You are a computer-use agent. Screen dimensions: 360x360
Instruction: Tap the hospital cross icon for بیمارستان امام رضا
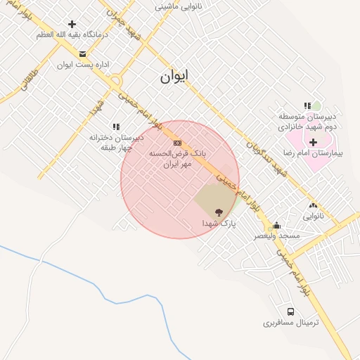(x=314, y=142)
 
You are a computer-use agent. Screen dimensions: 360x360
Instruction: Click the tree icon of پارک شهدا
(x=217, y=212)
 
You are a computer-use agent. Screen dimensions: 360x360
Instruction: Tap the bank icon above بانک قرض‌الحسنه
(x=176, y=143)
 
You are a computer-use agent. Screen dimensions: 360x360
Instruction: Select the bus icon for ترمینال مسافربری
(x=290, y=311)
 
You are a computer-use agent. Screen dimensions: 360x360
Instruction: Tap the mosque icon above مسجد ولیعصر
(x=276, y=226)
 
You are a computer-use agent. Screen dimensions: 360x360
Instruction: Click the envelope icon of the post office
(x=83, y=54)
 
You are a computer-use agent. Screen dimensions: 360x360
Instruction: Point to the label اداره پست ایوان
(x=83, y=65)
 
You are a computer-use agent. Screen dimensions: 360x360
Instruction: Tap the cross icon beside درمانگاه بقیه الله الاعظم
(x=72, y=24)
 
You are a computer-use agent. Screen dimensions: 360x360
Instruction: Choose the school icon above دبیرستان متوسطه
(x=307, y=105)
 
